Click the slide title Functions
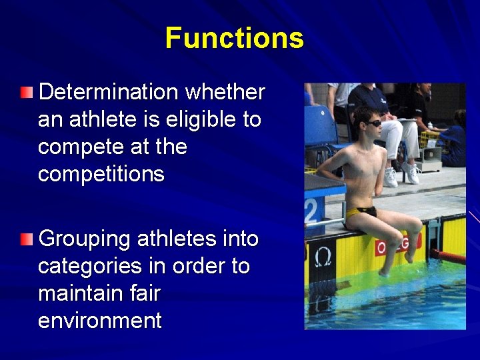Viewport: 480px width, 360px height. (234, 38)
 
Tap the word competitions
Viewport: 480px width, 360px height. (101, 175)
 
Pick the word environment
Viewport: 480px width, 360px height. (100, 321)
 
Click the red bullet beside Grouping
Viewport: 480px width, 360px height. (26, 239)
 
